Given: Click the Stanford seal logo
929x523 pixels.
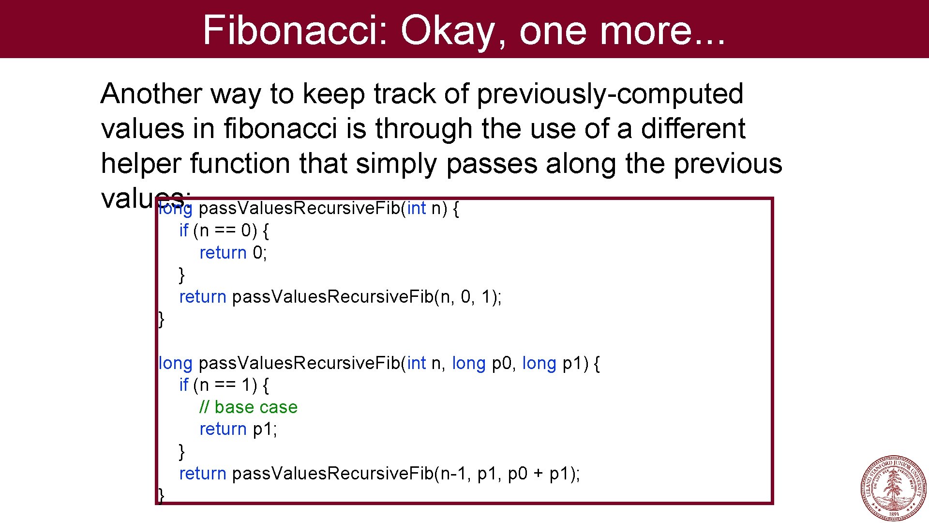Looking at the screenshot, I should tap(893, 488).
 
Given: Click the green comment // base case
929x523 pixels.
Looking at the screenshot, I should tap(248, 407).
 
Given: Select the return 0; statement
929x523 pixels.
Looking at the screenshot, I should tap(233, 253).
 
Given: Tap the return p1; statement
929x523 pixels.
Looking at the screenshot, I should tap(238, 429).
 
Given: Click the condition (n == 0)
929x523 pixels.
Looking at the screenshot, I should tap(225, 231).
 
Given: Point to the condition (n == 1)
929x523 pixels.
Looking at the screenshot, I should tap(225, 385).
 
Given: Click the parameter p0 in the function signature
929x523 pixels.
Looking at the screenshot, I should tap(501, 363).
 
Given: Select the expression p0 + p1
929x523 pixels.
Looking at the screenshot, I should tap(539, 474).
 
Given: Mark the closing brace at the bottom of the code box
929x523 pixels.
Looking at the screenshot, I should tap(162, 495).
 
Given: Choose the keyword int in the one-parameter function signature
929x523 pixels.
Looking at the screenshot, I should tap(416, 209).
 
